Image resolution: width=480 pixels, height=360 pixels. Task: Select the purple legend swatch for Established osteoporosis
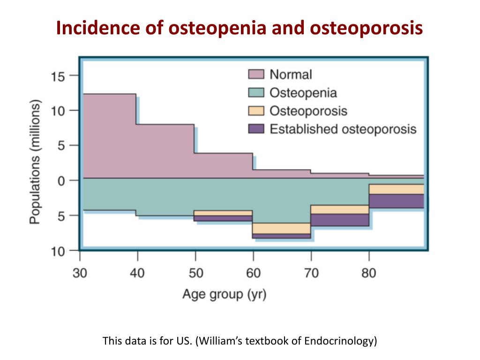[x=256, y=129]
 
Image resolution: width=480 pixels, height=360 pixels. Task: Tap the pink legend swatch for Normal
[x=256, y=74]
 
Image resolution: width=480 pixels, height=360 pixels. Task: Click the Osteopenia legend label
[x=303, y=92]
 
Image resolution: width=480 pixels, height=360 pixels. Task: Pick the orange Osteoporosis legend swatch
[x=256, y=111]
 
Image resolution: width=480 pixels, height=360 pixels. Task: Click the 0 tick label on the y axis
[x=61, y=180]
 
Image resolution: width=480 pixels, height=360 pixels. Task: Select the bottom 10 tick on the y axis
[x=58, y=251]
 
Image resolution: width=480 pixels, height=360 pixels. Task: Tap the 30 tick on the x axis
[x=80, y=273]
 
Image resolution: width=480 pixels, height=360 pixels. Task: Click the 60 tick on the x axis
[x=253, y=273]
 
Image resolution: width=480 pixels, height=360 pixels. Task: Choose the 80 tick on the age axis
[x=369, y=273]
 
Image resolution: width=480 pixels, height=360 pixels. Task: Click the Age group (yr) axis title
[x=224, y=295]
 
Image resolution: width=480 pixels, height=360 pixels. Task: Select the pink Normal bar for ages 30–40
[x=109, y=136]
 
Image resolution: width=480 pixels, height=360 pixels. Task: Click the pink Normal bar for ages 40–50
[x=165, y=151]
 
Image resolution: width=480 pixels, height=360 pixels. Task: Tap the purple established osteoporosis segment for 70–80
[x=340, y=220]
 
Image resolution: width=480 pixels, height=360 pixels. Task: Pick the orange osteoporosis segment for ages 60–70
[x=282, y=228]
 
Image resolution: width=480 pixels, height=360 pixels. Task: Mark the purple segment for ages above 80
[x=396, y=201]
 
